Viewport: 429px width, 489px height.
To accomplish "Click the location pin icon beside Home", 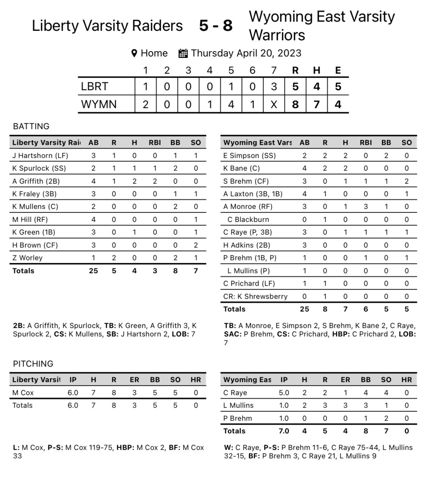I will click(x=134, y=53).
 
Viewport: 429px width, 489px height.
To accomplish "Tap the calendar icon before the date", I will click(x=183, y=53).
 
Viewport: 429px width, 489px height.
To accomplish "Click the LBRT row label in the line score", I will click(x=95, y=86).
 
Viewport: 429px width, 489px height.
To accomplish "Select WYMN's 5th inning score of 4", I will click(x=231, y=104).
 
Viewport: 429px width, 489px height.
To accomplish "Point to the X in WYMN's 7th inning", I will click(x=274, y=104).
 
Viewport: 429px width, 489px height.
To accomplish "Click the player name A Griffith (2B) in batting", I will click(x=36, y=181).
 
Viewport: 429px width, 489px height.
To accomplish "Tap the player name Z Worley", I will click(x=27, y=258).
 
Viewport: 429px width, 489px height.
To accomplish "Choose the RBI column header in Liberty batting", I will click(x=155, y=143).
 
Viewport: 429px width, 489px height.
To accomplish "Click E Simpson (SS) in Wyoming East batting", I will click(x=249, y=156).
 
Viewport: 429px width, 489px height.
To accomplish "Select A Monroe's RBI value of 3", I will click(x=366, y=207).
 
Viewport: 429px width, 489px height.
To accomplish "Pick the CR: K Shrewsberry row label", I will click(x=255, y=296).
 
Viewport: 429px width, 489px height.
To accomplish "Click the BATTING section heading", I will click(x=31, y=126).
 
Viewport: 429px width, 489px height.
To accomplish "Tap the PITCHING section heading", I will click(x=33, y=364).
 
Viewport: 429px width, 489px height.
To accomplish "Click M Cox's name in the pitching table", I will click(x=23, y=393).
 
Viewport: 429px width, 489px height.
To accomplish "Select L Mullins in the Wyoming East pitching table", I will click(x=239, y=405).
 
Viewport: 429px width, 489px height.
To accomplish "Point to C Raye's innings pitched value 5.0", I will click(x=284, y=393).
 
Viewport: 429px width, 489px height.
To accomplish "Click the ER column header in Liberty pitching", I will click(x=134, y=380).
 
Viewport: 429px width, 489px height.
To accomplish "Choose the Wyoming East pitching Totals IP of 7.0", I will click(x=284, y=431).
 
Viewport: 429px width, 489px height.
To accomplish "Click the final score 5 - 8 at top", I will click(x=216, y=26).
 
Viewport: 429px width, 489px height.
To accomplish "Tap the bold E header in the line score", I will click(x=338, y=71).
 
